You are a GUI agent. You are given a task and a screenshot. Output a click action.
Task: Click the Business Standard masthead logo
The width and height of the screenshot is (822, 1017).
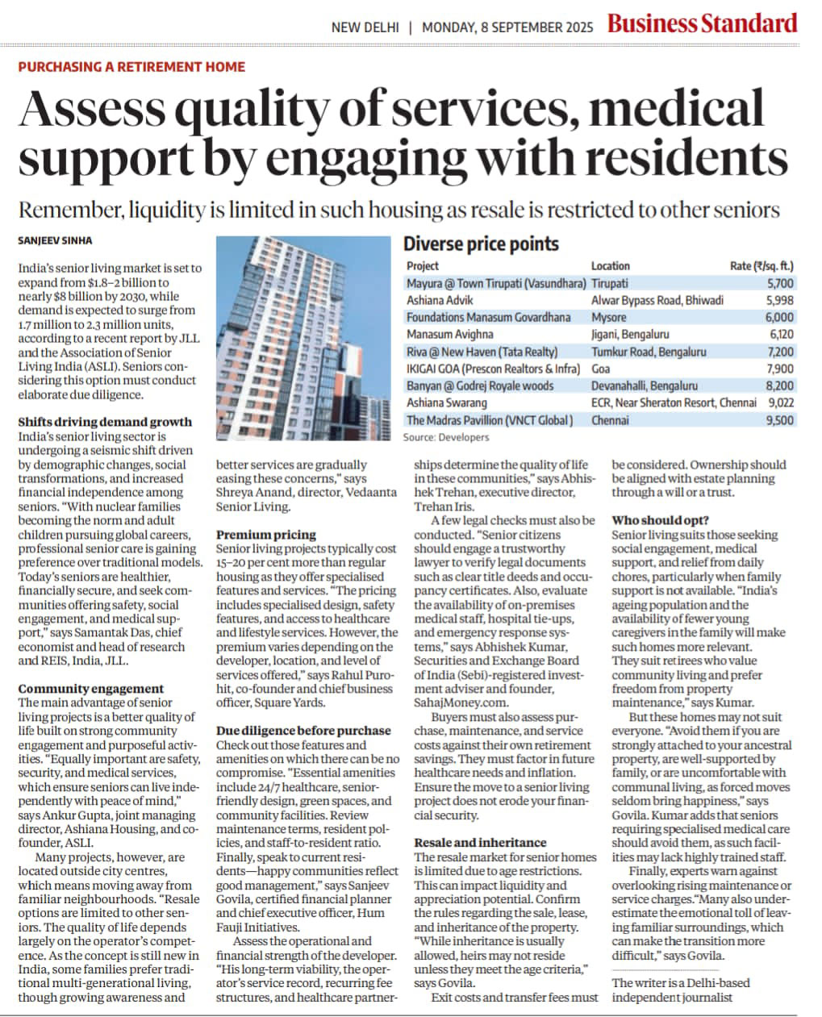click(x=702, y=24)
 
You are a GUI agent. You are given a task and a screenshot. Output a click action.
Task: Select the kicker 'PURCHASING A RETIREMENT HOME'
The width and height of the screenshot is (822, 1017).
click(x=131, y=67)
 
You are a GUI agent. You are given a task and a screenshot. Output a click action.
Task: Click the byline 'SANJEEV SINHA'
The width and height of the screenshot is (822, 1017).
click(x=53, y=240)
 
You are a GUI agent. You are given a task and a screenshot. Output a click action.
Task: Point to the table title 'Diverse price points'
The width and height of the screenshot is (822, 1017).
click(x=481, y=244)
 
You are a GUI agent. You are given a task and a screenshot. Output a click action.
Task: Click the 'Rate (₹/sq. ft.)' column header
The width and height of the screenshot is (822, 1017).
click(x=761, y=265)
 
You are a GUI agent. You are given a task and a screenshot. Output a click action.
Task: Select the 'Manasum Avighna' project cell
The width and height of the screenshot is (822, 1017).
click(x=449, y=334)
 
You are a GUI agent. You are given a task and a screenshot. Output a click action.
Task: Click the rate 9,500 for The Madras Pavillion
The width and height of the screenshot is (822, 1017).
click(x=779, y=420)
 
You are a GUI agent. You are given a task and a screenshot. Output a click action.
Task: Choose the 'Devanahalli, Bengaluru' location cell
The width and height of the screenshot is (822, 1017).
click(x=645, y=386)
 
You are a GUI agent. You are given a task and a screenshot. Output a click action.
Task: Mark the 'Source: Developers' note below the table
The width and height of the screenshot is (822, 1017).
click(x=446, y=437)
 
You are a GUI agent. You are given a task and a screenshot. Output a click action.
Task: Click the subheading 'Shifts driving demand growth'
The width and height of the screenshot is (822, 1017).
click(x=105, y=422)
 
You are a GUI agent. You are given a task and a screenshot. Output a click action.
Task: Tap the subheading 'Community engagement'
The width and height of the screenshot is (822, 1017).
click(x=90, y=689)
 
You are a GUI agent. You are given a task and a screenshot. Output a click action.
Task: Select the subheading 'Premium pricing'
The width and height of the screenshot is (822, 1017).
click(x=266, y=535)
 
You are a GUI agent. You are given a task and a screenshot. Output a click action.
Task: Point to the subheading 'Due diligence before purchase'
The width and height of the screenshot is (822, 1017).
click(x=303, y=731)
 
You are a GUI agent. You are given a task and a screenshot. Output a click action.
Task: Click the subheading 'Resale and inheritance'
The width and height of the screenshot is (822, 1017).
click(x=480, y=843)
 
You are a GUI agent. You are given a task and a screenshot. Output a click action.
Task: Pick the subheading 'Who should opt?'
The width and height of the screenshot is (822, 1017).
click(x=661, y=520)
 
